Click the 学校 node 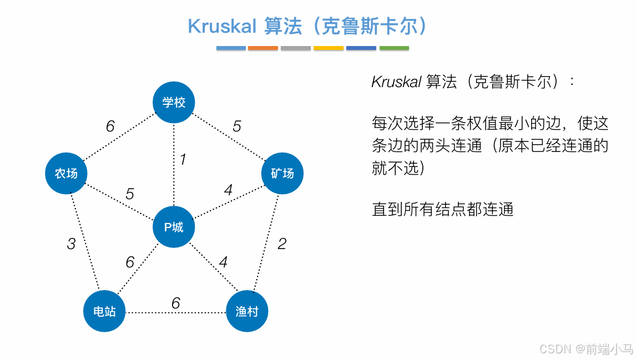(x=174, y=103)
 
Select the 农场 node (x=66, y=174)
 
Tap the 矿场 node (x=282, y=174)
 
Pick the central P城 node (x=174, y=227)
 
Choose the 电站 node (x=104, y=311)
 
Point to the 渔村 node (x=247, y=311)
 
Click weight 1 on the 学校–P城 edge (x=183, y=160)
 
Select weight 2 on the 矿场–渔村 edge (x=282, y=244)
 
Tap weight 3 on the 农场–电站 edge (x=71, y=244)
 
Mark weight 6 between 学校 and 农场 (x=110, y=126)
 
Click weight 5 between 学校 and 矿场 (x=237, y=126)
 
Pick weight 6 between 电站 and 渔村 (x=175, y=303)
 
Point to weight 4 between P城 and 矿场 (x=228, y=190)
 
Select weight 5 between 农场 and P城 (x=130, y=194)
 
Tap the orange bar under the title (x=263, y=48)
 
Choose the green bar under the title (x=394, y=48)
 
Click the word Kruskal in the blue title (x=222, y=26)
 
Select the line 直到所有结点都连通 (x=443, y=209)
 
